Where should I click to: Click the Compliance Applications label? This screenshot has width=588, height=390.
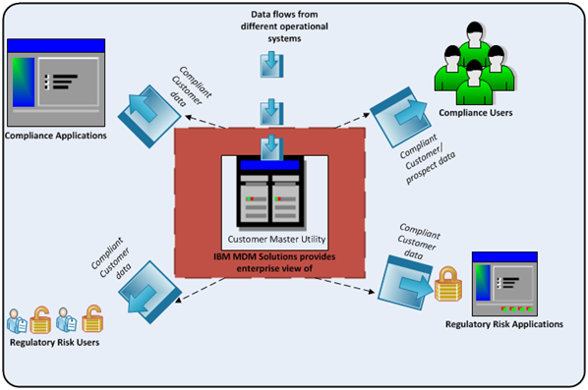click(55, 135)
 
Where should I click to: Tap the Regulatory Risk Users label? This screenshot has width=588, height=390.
click(55, 343)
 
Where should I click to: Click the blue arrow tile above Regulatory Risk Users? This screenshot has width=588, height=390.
click(147, 285)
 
